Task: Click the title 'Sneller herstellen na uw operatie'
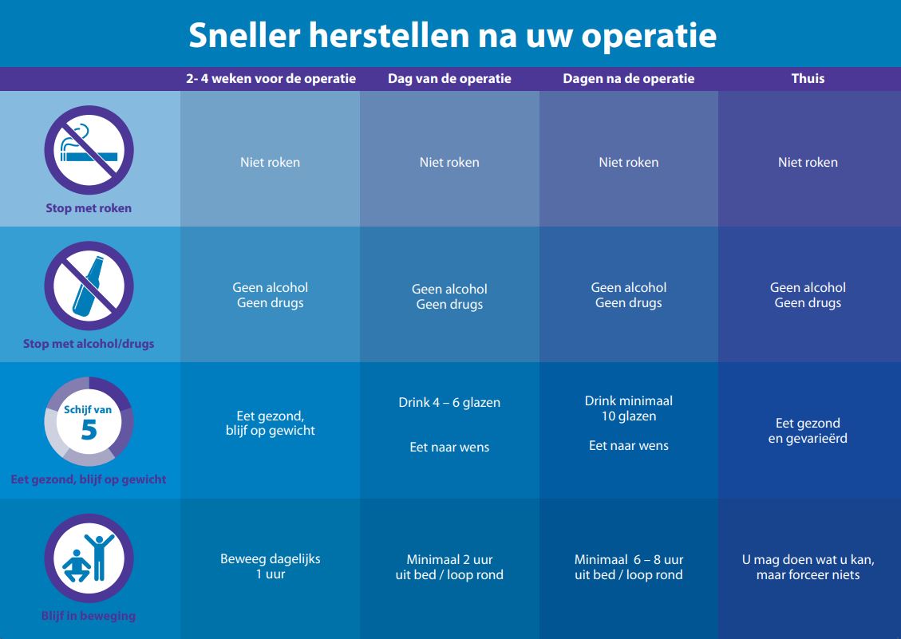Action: click(452, 36)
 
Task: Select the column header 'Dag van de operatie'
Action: click(449, 78)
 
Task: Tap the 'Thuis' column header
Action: click(808, 78)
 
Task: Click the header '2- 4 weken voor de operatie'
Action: click(271, 78)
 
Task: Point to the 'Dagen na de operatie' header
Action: click(629, 78)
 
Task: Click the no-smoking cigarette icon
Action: click(89, 150)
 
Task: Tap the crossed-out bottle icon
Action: click(89, 286)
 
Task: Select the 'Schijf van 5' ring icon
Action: click(89, 422)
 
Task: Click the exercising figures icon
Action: click(89, 558)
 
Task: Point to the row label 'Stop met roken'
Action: click(89, 208)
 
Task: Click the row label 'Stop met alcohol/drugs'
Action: click(89, 344)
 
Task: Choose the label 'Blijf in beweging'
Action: click(89, 616)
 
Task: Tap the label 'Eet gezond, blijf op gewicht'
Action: click(89, 479)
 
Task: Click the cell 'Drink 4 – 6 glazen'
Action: click(449, 403)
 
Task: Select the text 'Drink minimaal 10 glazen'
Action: click(629, 408)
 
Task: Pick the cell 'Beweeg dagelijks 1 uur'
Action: click(271, 566)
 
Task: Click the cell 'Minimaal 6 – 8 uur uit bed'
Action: click(629, 567)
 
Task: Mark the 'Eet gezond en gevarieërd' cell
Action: click(808, 431)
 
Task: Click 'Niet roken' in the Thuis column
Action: click(808, 162)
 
